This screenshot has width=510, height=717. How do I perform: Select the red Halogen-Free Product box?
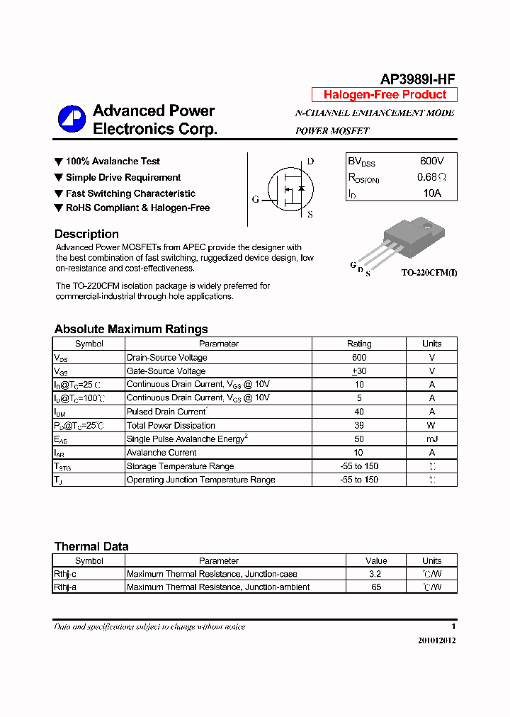click(x=385, y=95)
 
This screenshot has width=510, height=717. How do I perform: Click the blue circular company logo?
click(x=72, y=119)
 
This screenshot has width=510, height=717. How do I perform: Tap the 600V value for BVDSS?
click(x=432, y=162)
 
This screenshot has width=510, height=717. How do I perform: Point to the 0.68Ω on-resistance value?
click(x=431, y=177)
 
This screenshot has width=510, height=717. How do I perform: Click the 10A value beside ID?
click(x=432, y=193)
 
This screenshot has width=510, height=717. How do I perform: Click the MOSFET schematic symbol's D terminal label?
click(x=310, y=161)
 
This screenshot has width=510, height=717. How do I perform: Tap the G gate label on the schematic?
click(x=255, y=199)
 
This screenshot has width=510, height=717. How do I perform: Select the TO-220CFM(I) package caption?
click(x=429, y=272)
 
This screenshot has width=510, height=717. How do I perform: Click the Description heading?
click(x=86, y=234)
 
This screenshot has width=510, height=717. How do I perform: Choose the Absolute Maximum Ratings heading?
click(x=131, y=329)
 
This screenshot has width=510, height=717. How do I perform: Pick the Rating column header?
click(x=359, y=344)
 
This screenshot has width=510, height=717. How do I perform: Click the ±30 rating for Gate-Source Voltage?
click(x=359, y=371)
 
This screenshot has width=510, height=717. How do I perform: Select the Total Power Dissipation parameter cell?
click(x=171, y=425)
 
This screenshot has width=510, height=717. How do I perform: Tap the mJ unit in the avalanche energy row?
click(x=431, y=439)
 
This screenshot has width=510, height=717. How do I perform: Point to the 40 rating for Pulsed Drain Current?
click(x=359, y=412)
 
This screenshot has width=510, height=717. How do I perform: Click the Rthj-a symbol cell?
click(x=65, y=587)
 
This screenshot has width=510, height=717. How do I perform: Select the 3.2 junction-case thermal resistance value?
click(x=375, y=574)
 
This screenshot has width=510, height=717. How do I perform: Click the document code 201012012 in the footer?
click(x=437, y=640)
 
